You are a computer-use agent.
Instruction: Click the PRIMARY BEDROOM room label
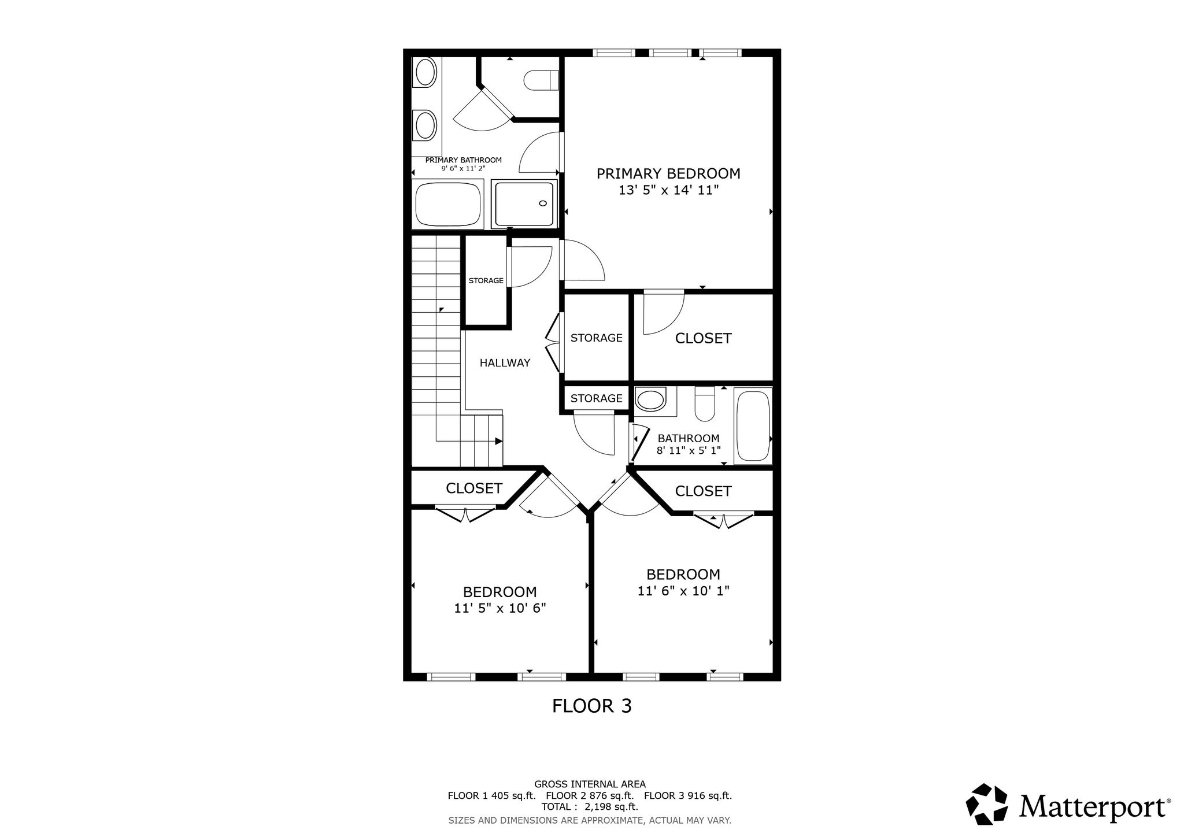point(668,173)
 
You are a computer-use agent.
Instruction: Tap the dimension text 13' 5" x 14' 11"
point(668,190)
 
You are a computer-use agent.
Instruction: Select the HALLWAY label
point(505,363)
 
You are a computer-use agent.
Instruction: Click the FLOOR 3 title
point(592,706)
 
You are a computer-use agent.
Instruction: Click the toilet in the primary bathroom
point(542,80)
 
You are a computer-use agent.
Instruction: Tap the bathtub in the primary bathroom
point(447,205)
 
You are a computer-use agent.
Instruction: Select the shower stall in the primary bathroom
point(524,204)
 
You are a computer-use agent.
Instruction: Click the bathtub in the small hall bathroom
point(753,425)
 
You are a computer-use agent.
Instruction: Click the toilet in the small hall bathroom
point(705,403)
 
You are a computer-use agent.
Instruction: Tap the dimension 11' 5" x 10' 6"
point(500,608)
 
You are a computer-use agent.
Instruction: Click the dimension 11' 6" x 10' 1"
point(683,591)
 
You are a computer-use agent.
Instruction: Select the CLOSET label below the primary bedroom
point(703,338)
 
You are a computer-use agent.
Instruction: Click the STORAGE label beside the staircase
point(486,280)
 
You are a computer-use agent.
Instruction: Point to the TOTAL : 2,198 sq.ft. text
point(590,807)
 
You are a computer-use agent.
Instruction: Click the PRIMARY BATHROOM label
point(464,160)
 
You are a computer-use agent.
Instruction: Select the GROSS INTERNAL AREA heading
point(590,784)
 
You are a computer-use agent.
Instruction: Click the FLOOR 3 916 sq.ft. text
point(688,795)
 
